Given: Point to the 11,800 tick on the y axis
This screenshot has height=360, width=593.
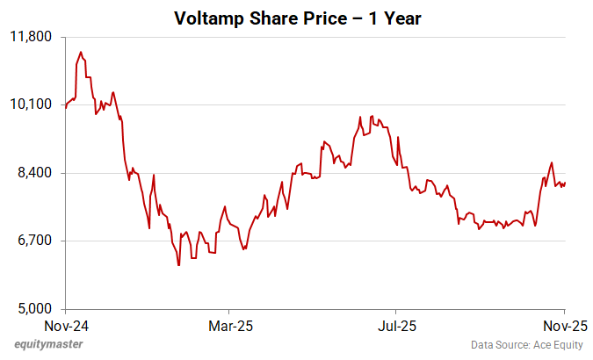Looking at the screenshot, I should click(33, 37).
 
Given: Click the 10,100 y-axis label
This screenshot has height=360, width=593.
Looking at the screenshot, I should click(33, 104).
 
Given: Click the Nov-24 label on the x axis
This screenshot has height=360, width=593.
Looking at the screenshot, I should click(65, 325).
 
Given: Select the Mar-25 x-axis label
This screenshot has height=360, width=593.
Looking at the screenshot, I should click(228, 325).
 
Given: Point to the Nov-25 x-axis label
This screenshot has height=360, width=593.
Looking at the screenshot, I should click(563, 325).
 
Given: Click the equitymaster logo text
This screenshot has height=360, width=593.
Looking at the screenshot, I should click(48, 344).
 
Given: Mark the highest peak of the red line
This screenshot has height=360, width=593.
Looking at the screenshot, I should click(81, 52).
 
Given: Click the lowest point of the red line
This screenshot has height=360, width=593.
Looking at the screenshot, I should click(178, 264).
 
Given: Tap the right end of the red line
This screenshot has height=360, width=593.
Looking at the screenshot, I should click(565, 183).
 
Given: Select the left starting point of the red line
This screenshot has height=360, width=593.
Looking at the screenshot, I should click(66, 109).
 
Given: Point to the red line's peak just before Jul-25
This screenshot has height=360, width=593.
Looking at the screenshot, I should click(372, 116).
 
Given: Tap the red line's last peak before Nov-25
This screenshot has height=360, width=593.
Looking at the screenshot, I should click(551, 162).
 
